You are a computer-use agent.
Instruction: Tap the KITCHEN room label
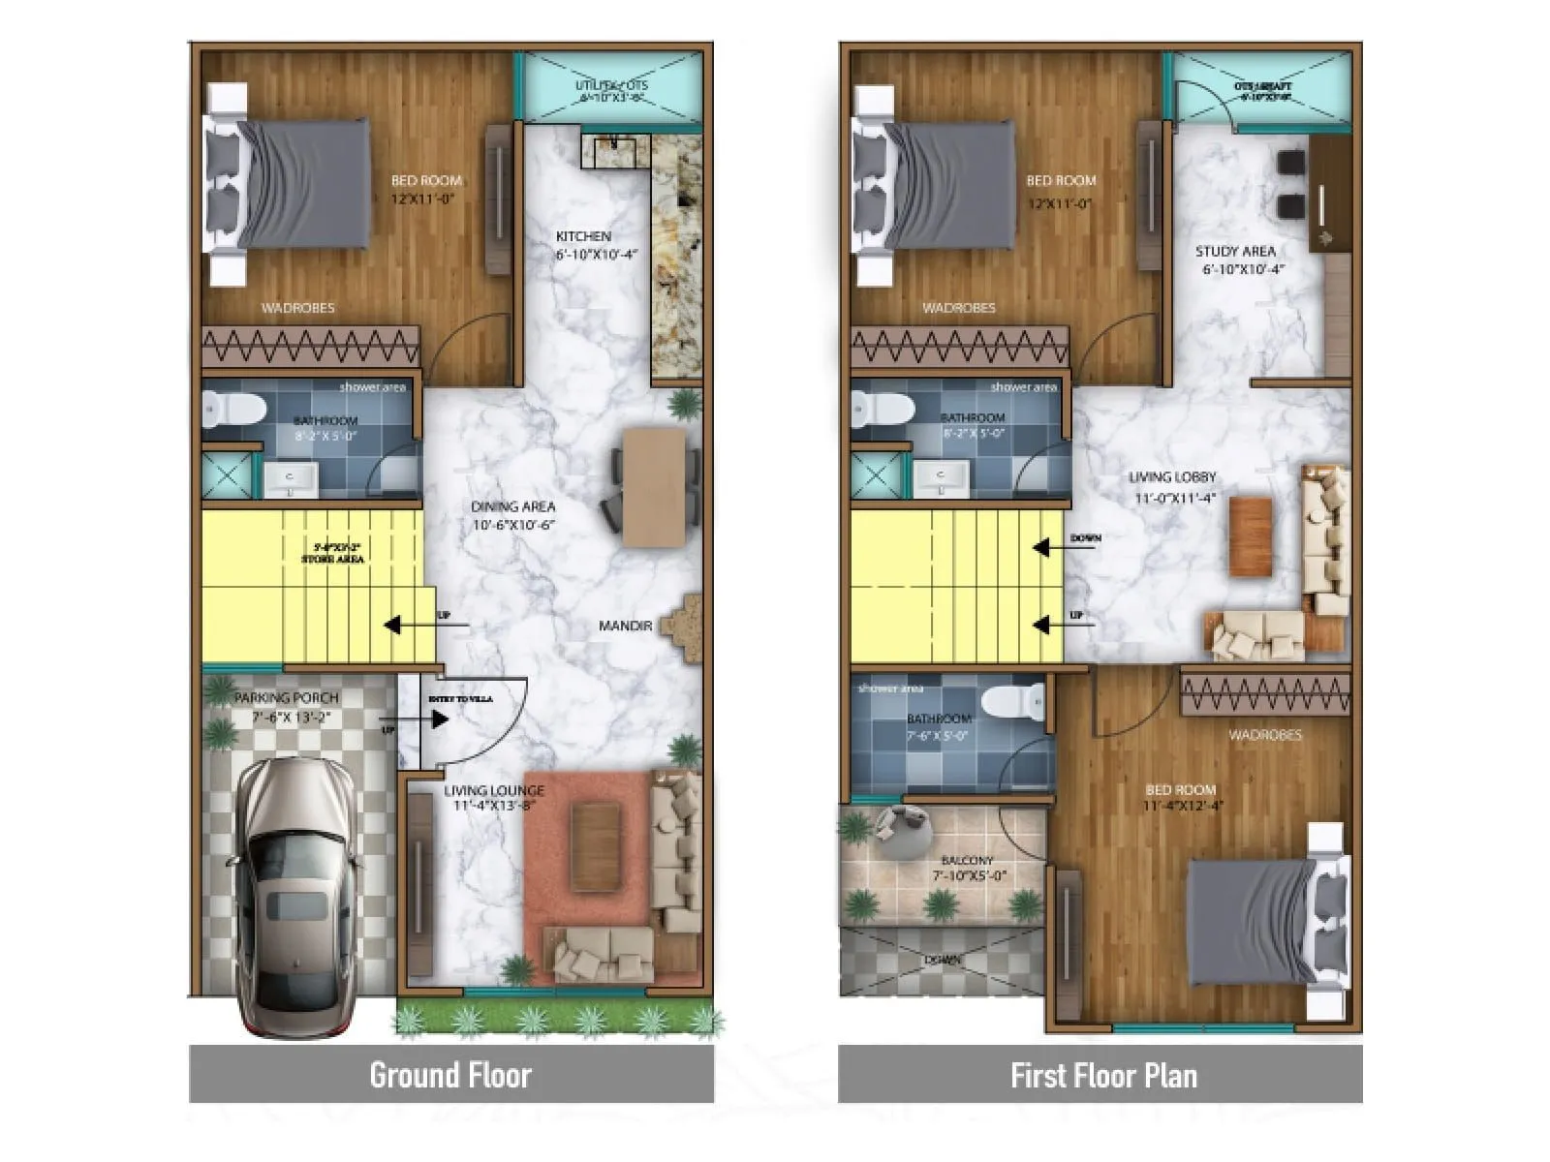(x=583, y=236)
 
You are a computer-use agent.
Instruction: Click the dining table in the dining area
(x=654, y=487)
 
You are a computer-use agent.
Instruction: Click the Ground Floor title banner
(x=450, y=1075)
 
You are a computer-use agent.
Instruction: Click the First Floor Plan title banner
(x=1101, y=1075)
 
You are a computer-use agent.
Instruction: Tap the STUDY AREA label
(x=1235, y=252)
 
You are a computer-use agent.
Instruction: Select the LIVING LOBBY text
(x=1172, y=477)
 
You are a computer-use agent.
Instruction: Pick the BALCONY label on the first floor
(x=966, y=861)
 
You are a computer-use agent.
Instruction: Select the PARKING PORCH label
(x=287, y=698)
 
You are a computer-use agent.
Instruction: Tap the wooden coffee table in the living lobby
(x=1251, y=536)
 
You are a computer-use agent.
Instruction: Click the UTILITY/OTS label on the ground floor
(x=611, y=86)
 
